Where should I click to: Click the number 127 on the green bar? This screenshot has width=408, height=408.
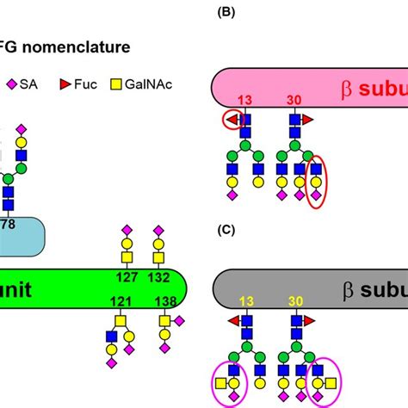[x=126, y=278]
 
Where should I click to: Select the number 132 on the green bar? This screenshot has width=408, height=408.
[x=158, y=278]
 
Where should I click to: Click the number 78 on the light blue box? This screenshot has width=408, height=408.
[x=10, y=225]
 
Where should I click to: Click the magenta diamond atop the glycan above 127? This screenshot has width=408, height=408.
[x=126, y=231]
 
